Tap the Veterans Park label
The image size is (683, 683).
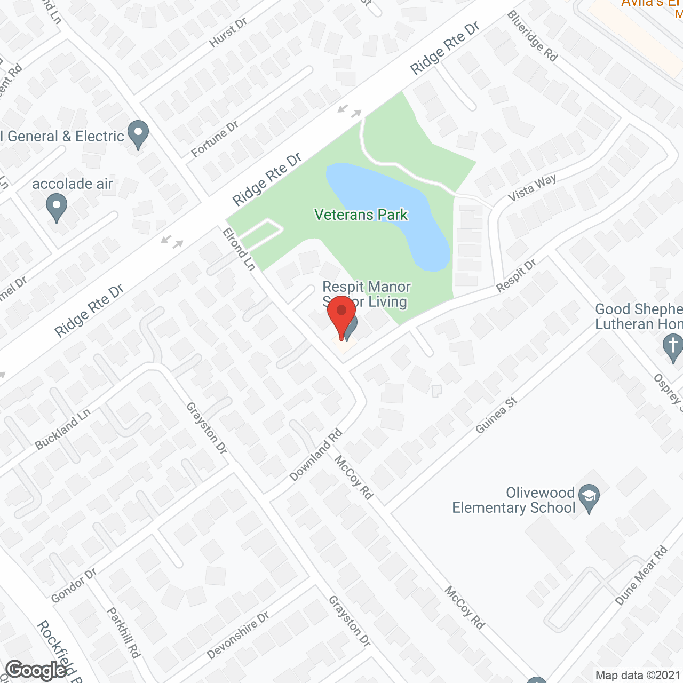(x=361, y=215)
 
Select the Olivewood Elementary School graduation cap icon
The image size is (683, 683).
(x=589, y=498)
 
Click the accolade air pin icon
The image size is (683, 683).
(x=56, y=208)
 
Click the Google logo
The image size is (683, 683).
(x=36, y=670)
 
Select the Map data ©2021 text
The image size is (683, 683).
(x=638, y=675)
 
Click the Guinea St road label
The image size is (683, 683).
(x=496, y=415)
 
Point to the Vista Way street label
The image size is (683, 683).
(x=531, y=188)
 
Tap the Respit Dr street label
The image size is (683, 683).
(x=516, y=276)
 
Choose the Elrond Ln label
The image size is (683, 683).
(x=239, y=249)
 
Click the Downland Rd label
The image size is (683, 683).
(x=316, y=455)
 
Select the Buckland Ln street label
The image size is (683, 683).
(x=62, y=429)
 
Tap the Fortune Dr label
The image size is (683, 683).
(x=215, y=139)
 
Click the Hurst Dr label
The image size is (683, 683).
(x=228, y=33)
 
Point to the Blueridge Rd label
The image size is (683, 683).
(x=532, y=36)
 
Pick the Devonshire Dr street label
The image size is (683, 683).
(x=238, y=636)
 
